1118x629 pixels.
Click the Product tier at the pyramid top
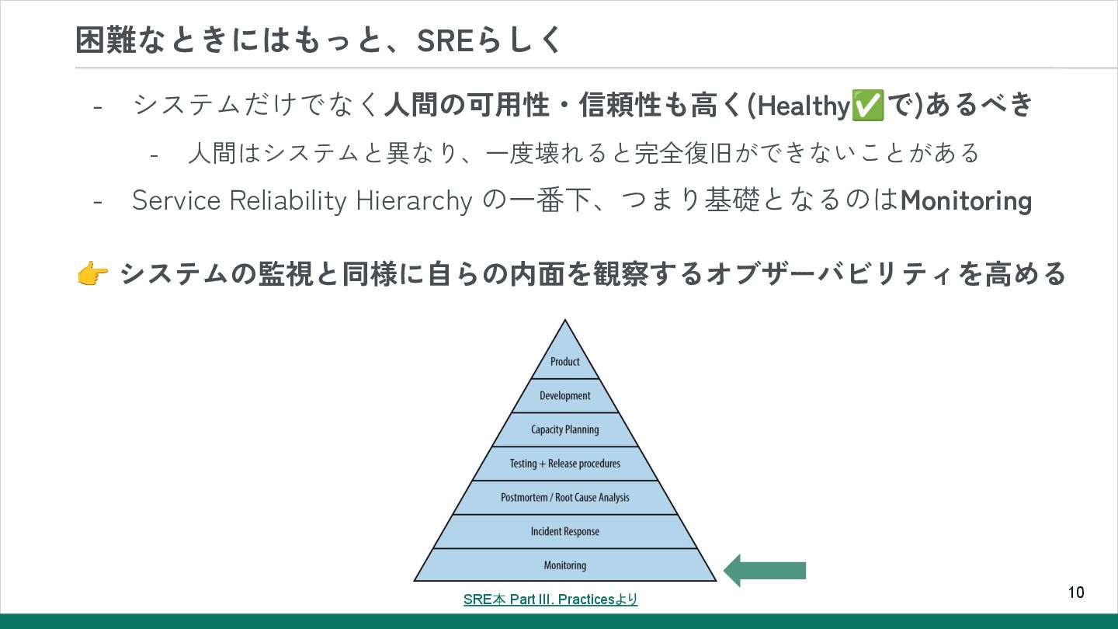tap(565, 361)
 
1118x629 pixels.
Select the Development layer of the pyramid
tap(565, 395)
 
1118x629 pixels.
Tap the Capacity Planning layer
tap(565, 429)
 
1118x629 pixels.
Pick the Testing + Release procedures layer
tap(565, 464)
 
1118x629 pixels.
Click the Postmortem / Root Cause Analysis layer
tap(565, 497)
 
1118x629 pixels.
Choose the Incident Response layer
tap(565, 531)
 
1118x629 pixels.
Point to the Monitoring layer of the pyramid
tap(565, 565)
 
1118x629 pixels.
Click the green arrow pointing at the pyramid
tap(765, 571)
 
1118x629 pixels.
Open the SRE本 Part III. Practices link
tap(550, 599)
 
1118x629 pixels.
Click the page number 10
tap(1076, 593)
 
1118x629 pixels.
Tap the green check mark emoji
tap(868, 106)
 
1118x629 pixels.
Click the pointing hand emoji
tap(92, 274)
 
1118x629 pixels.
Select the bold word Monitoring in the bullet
tap(966, 201)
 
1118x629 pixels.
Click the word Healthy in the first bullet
tap(804, 106)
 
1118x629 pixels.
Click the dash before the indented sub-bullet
tap(155, 154)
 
